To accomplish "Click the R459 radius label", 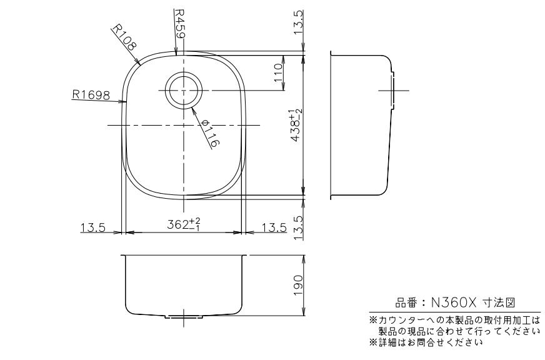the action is point(180,24).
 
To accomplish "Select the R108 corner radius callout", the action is point(124,37).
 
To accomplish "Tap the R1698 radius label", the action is point(91,94).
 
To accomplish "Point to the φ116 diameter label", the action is point(210,133).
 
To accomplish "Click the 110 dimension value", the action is point(279,72).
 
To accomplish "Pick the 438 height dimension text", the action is point(297,124).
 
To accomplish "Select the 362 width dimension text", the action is point(184,224).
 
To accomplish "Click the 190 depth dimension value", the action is point(298,285).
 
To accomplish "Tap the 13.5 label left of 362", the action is point(92,227).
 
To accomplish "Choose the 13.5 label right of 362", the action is point(274,227).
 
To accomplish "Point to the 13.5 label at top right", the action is point(298,22).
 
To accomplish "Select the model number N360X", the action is point(453,302).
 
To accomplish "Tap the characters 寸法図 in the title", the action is point(499,302).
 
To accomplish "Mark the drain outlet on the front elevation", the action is point(184,317).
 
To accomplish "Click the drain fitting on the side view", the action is point(393,91).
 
